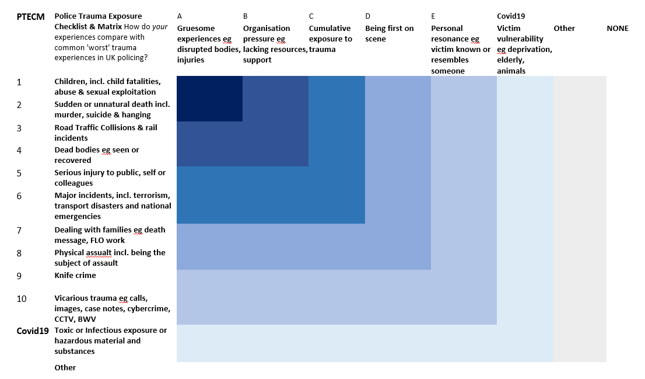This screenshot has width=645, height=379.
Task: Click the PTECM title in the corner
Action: [x=30, y=17]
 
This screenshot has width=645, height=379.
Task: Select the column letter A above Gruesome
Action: [x=180, y=16]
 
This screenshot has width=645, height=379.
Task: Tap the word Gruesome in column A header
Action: [x=196, y=29]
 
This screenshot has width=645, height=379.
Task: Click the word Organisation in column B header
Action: [x=267, y=29]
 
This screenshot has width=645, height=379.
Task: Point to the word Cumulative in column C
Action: [x=330, y=29]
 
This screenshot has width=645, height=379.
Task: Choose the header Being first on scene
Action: [x=390, y=34]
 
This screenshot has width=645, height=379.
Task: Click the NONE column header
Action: [x=618, y=29]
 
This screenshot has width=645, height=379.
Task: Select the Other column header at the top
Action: [x=565, y=29]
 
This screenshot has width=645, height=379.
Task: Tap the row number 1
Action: [x=19, y=82]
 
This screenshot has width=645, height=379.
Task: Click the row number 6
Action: [x=19, y=196]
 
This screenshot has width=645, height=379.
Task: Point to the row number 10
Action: [x=22, y=298]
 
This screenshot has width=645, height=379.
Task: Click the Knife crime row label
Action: [x=75, y=275]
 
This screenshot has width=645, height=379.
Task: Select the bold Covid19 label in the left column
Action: [x=33, y=331]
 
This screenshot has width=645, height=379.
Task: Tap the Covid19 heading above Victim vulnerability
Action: [x=511, y=16]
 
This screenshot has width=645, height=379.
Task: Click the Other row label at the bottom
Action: [x=65, y=367]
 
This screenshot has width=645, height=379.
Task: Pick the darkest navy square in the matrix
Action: [x=210, y=99]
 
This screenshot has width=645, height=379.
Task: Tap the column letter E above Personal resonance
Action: [x=433, y=16]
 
